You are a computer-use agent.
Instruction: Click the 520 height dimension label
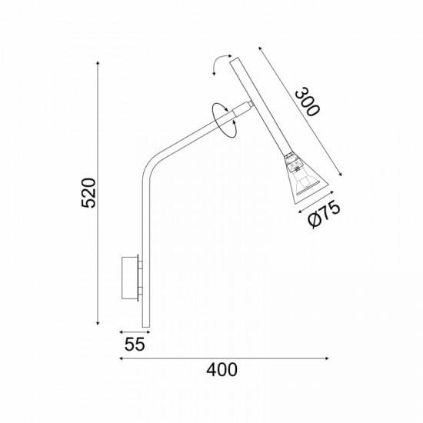(x=88, y=192)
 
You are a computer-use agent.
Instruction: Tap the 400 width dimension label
(x=221, y=370)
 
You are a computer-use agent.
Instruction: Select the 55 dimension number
(x=135, y=345)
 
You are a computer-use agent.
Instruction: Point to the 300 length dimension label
(x=308, y=102)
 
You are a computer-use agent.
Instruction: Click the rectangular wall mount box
(x=130, y=278)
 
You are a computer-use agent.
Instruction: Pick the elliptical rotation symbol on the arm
(x=225, y=120)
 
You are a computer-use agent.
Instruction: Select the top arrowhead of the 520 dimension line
(x=98, y=63)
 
